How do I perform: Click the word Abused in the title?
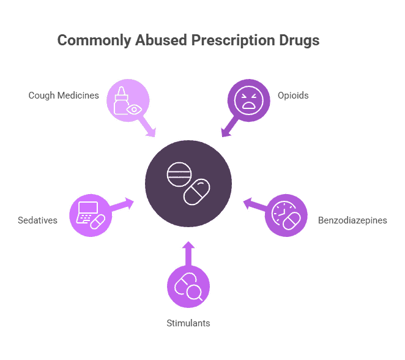tap(165, 41)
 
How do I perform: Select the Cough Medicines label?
tap(64, 96)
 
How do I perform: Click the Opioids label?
tap(293, 96)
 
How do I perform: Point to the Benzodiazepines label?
tap(352, 220)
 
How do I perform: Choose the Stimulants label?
tap(188, 323)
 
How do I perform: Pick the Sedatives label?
tap(38, 220)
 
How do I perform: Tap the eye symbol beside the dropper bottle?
tap(133, 108)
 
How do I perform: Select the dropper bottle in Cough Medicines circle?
tap(121, 98)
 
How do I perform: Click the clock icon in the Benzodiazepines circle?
tap(281, 212)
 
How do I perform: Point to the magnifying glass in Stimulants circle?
tap(195, 292)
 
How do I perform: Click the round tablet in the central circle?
tap(179, 174)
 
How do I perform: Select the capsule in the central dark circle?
tap(197, 192)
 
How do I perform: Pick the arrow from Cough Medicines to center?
tap(147, 126)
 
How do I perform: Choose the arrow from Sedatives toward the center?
tap(122, 204)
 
